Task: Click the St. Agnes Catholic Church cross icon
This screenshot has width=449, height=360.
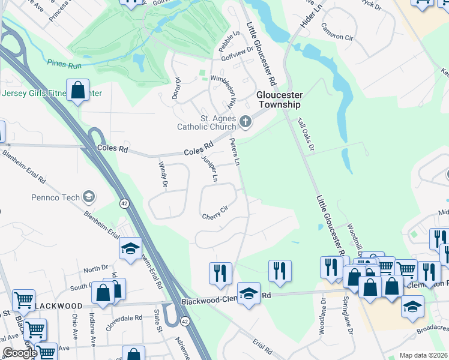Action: tap(245, 122)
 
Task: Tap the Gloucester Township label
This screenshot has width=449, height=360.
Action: tap(279, 100)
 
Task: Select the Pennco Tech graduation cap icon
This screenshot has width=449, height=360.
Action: tap(89, 197)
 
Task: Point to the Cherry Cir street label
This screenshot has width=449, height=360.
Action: tap(215, 212)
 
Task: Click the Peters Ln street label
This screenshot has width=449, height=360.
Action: tap(235, 153)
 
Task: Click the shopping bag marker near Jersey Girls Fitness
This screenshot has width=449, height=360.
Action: tap(78, 91)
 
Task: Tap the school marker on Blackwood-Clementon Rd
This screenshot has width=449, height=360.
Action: tap(249, 294)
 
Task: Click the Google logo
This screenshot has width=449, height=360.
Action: tap(20, 353)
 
